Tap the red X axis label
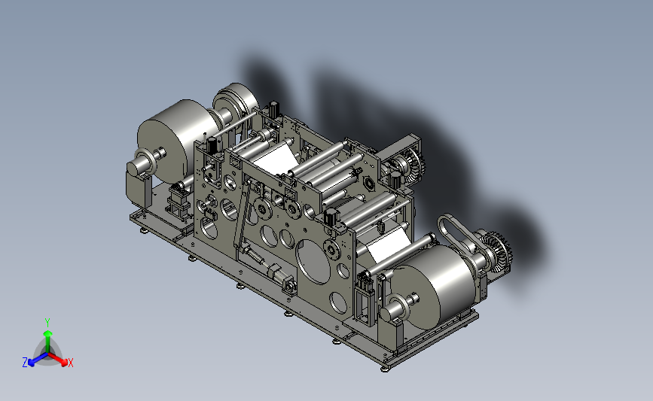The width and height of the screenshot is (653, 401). (70, 363)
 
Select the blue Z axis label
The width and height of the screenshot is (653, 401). (25, 363)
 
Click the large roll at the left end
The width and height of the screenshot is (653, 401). (179, 139)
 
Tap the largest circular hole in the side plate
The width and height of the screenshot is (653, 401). (313, 262)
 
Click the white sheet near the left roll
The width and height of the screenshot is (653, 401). (275, 158)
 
